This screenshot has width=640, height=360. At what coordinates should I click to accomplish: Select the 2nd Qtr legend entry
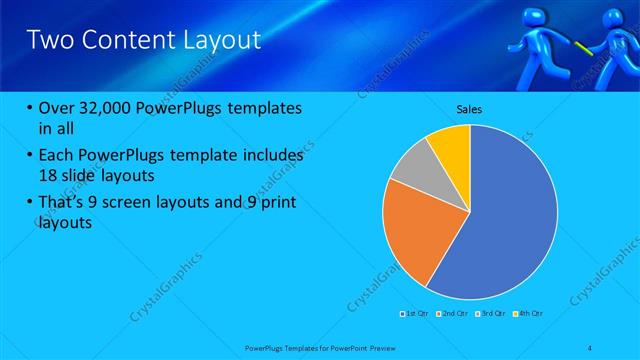click(x=455, y=314)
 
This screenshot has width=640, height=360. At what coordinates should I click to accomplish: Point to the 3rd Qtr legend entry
click(x=493, y=314)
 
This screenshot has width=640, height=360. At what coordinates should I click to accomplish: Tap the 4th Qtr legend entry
click(x=530, y=314)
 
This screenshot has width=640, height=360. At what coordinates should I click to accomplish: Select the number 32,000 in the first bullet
click(x=107, y=107)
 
